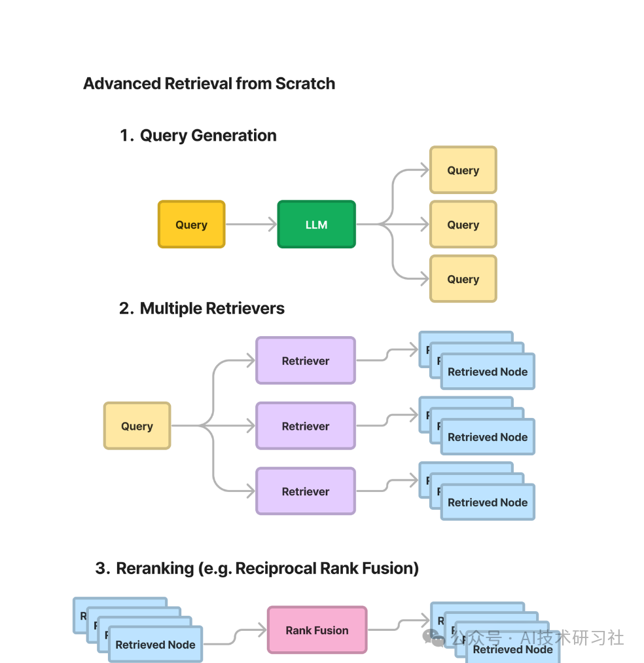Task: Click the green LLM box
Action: click(316, 225)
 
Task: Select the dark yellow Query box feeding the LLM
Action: click(191, 225)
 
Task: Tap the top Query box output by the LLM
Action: click(463, 170)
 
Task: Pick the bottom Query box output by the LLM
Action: click(463, 279)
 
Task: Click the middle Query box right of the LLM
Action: click(463, 225)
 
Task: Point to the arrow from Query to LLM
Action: click(251, 225)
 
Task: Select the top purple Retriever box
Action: click(305, 360)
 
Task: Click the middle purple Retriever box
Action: click(305, 426)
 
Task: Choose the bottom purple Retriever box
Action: click(305, 491)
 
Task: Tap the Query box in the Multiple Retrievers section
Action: click(137, 426)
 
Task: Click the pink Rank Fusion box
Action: click(317, 630)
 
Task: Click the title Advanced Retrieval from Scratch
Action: click(209, 84)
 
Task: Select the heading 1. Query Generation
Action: click(198, 136)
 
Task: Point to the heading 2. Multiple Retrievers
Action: click(202, 309)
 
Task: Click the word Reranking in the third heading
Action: click(154, 569)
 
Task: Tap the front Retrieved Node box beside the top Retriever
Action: click(488, 372)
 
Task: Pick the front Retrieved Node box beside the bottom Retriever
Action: click(488, 503)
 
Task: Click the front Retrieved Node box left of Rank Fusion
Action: click(155, 645)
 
